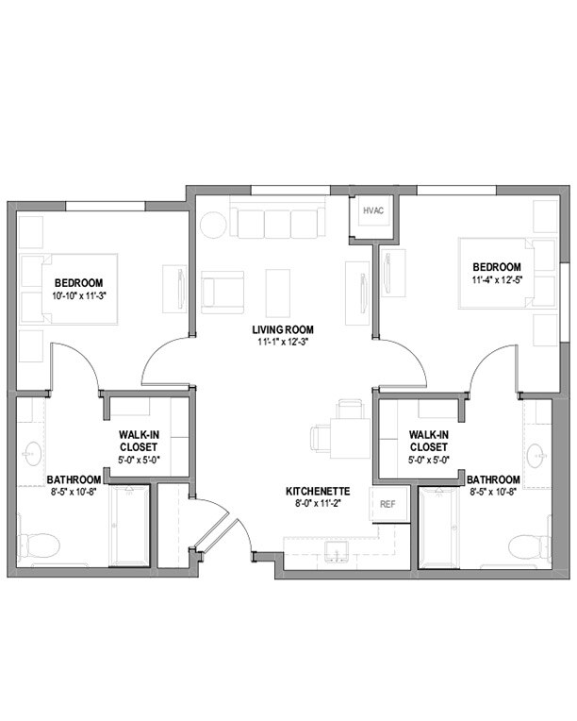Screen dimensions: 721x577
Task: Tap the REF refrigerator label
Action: (x=387, y=505)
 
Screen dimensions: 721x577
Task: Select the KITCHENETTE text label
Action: (x=319, y=492)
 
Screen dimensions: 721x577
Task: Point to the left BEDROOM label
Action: (x=78, y=283)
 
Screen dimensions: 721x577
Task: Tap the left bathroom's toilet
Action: (x=40, y=545)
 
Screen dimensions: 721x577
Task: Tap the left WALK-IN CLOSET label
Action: (x=138, y=441)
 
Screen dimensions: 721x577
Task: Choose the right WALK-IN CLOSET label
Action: (x=427, y=441)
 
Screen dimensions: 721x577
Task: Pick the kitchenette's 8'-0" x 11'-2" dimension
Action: (x=319, y=504)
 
